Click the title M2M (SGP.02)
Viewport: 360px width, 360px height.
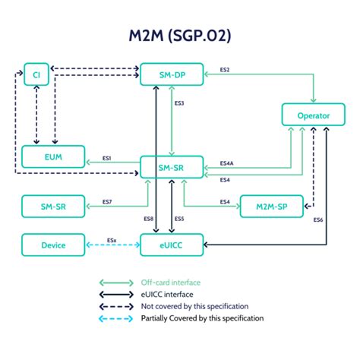coord(179,36)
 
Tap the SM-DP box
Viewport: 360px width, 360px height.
coord(172,74)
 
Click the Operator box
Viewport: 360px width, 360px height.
coord(314,115)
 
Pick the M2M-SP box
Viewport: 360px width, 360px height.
coord(271,205)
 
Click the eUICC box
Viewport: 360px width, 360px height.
coord(172,245)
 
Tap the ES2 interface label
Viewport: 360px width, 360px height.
coord(225,70)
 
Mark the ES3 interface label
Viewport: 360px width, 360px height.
coord(180,103)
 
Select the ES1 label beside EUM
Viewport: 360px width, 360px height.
coord(107,158)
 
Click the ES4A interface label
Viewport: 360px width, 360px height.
coord(226,163)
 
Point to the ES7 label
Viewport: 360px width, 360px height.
coord(107,202)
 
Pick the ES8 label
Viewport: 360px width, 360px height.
coord(148,219)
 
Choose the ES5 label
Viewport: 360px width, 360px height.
coord(179,219)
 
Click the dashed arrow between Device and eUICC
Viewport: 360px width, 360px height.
coord(113,245)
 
